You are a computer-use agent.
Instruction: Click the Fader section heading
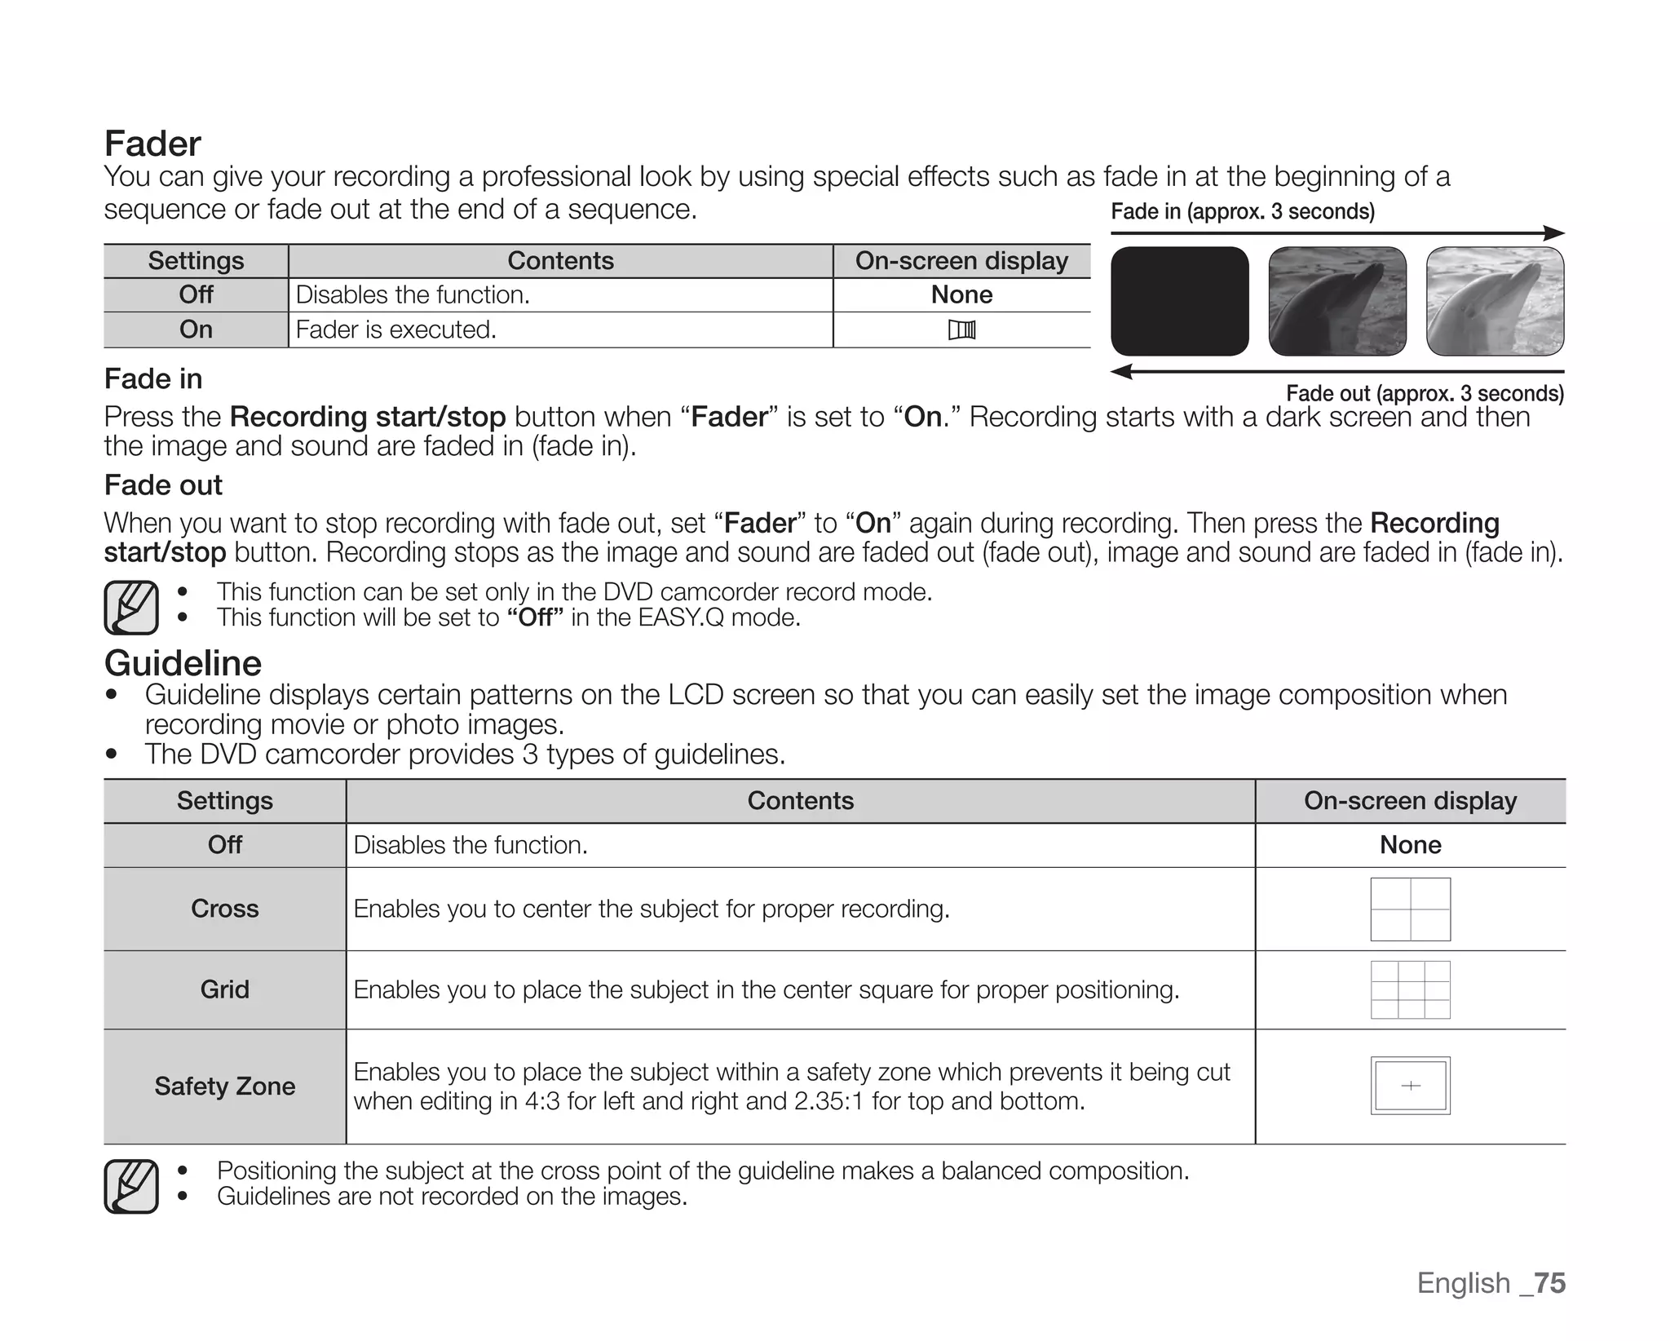pyautogui.click(x=152, y=144)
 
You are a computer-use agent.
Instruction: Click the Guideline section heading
pyautogui.click(x=183, y=663)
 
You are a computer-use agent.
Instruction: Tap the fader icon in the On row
pyautogui.click(x=961, y=330)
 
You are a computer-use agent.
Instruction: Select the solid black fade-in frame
pyautogui.click(x=1179, y=301)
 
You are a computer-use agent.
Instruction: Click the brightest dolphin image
pyautogui.click(x=1495, y=301)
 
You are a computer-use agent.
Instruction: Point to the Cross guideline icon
pyautogui.click(x=1410, y=909)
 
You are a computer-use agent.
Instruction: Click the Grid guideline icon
pyautogui.click(x=1410, y=989)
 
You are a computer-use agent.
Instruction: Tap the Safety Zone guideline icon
pyautogui.click(x=1410, y=1085)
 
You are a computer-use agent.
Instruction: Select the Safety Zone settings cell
pyautogui.click(x=224, y=1086)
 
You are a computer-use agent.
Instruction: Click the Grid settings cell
pyautogui.click(x=224, y=989)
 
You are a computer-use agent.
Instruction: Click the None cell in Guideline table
pyautogui.click(x=1410, y=844)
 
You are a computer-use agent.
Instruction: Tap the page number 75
pyautogui.click(x=1549, y=1283)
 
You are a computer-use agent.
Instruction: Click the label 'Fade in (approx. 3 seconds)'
pyautogui.click(x=1242, y=212)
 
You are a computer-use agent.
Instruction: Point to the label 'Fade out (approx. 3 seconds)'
pyautogui.click(x=1425, y=393)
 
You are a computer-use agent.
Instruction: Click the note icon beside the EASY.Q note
pyautogui.click(x=131, y=607)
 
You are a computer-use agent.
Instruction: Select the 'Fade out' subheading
pyautogui.click(x=163, y=485)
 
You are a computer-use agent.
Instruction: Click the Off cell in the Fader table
pyautogui.click(x=196, y=294)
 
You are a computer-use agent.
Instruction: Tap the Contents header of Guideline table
pyautogui.click(x=800, y=800)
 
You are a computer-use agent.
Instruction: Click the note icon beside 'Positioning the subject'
pyautogui.click(x=131, y=1186)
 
